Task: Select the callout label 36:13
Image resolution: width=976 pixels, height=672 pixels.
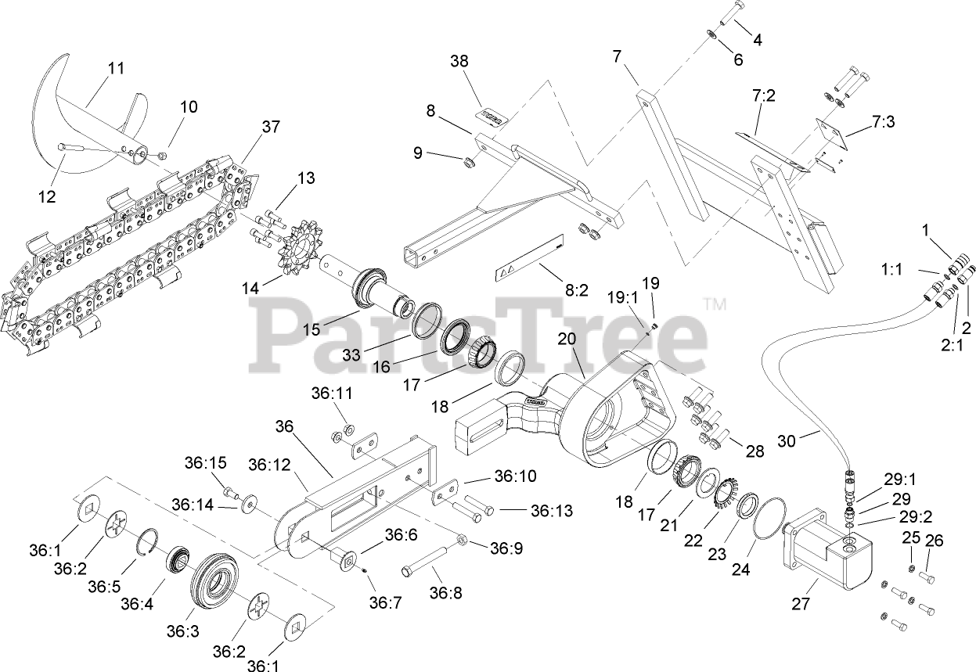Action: coord(552,511)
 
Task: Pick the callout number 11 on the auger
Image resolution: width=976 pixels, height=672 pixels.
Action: coord(116,68)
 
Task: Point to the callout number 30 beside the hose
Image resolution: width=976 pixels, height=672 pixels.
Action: coord(787,440)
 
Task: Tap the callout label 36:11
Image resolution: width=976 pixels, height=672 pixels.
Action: coord(333,393)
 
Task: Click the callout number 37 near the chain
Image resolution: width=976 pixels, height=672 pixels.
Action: coord(271,127)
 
